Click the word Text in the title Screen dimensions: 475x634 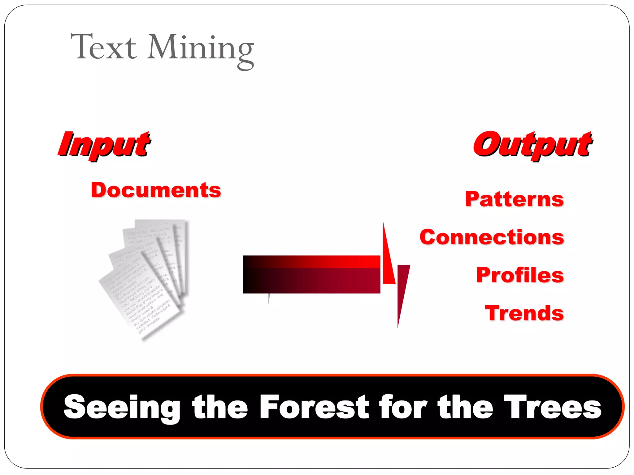click(104, 47)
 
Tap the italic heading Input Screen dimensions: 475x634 click(105, 144)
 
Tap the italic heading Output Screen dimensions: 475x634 click(532, 144)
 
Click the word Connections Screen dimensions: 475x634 click(492, 237)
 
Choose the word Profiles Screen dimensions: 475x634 click(520, 275)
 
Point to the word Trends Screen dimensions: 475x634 click(524, 313)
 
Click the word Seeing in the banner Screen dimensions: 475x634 click(122, 407)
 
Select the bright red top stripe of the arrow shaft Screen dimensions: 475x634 click(341, 261)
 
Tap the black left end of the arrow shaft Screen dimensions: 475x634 click(249, 275)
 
